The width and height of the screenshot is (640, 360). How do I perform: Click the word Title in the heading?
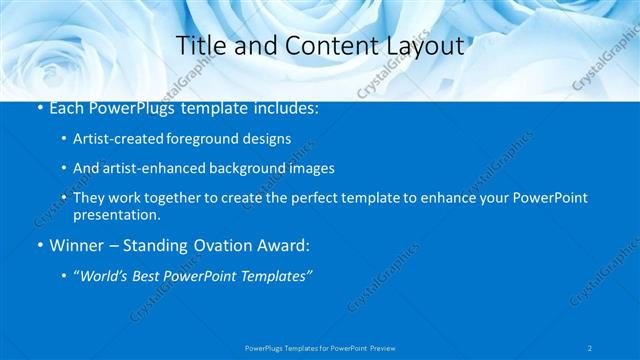coord(198,45)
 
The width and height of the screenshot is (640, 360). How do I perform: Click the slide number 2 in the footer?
coord(590,347)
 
